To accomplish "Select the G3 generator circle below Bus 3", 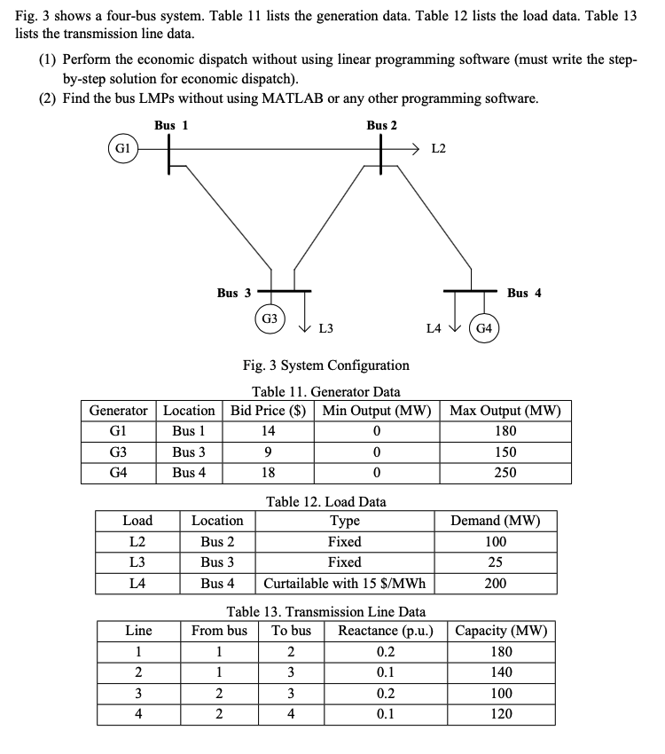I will [270, 318].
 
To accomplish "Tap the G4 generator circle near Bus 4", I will [485, 328].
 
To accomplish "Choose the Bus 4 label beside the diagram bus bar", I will [524, 293].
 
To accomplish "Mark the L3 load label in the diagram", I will [325, 329].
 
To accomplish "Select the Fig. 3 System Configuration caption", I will [325, 365].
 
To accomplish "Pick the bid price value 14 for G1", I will [268, 431].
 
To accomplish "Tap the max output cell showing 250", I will [505, 472].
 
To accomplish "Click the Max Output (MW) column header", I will [505, 411].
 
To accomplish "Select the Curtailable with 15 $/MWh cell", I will [344, 584].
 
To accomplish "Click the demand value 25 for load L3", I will [496, 562].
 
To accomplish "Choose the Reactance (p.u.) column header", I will [385, 632].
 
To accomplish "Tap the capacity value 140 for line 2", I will [501, 672].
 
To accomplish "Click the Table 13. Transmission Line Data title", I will [325, 612].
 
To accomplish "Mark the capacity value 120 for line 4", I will [501, 714].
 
